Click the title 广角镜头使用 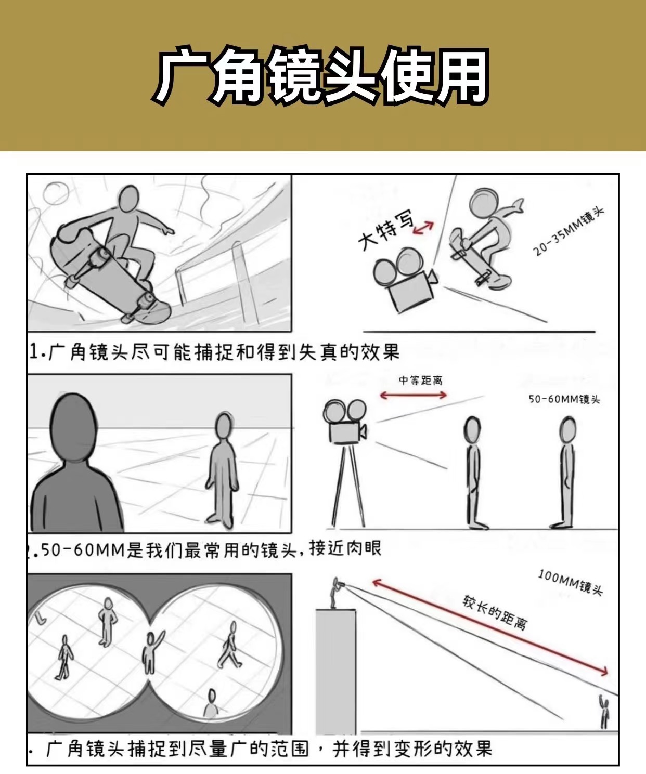321,76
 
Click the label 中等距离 420,380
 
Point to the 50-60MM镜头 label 564,399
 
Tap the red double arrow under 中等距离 413,395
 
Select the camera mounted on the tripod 345,422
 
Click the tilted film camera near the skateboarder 405,279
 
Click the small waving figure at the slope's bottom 605,711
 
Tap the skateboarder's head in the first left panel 129,199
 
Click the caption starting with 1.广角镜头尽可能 214,352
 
